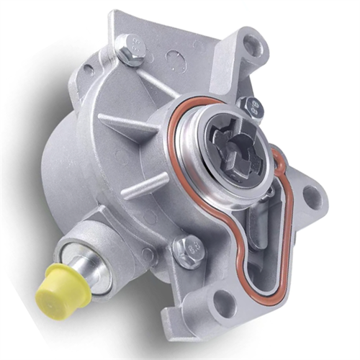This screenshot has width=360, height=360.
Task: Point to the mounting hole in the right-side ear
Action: click(x=311, y=194)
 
